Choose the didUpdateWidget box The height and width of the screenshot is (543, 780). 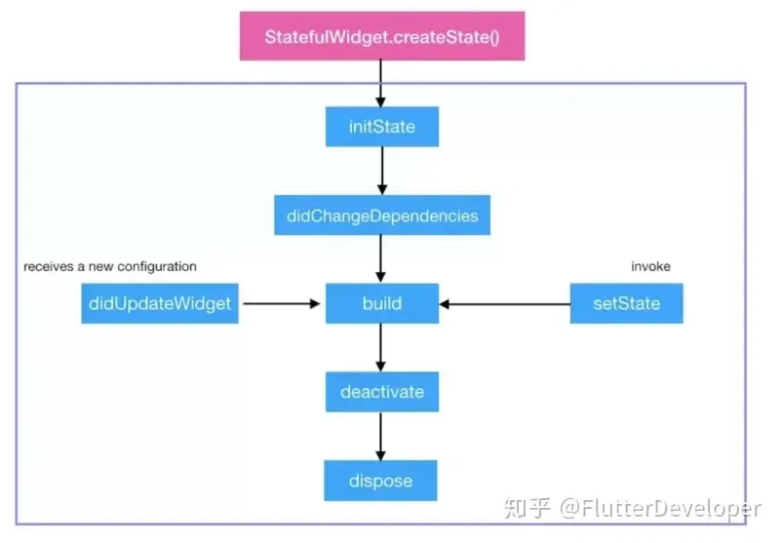(x=160, y=304)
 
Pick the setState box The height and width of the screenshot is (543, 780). (x=626, y=304)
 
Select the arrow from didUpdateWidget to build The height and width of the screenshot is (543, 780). (x=281, y=304)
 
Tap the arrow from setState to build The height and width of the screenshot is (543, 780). (x=504, y=304)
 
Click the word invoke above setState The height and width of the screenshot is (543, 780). (x=651, y=266)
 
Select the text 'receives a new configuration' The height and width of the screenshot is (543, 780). (x=110, y=266)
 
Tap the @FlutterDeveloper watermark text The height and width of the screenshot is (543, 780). (x=660, y=508)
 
